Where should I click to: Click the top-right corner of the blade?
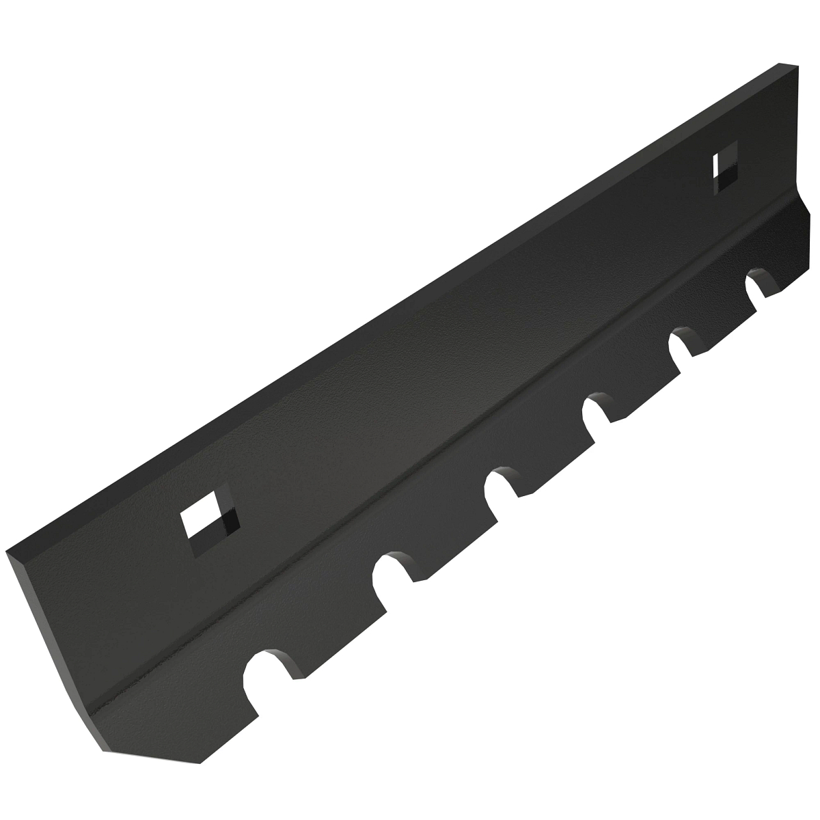point(797,66)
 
